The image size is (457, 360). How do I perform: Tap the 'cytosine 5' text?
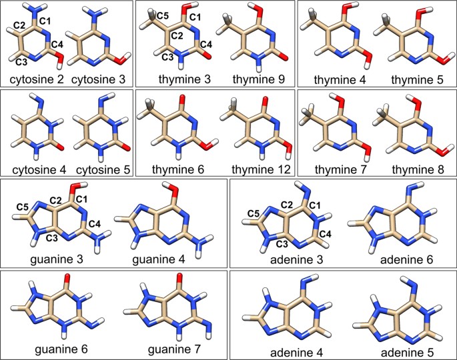click(x=98, y=170)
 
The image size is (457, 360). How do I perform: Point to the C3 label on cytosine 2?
click(x=23, y=62)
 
